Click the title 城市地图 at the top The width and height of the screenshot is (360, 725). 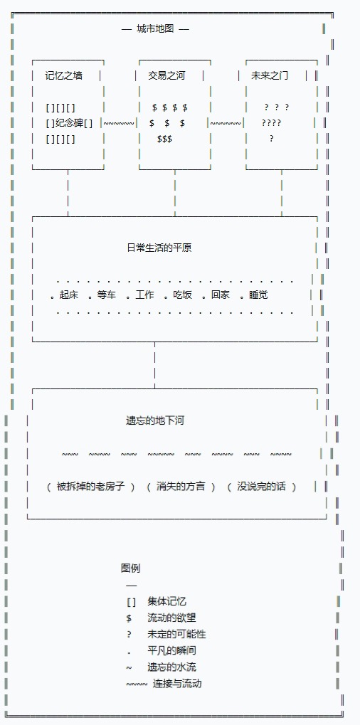[155, 28]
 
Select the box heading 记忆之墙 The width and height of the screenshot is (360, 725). [64, 75]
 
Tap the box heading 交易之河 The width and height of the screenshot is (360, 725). [166, 75]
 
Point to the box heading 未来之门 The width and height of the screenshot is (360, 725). [270, 75]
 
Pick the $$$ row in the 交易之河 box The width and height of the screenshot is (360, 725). [164, 139]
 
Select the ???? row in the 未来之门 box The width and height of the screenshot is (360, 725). [271, 123]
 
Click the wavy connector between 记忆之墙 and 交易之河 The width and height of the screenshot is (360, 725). [119, 124]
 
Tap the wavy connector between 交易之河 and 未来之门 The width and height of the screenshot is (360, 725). [226, 124]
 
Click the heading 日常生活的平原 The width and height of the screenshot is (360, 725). [159, 248]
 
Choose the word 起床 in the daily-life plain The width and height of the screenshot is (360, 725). [69, 295]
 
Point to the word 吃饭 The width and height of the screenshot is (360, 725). [183, 295]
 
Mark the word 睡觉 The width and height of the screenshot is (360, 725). [258, 295]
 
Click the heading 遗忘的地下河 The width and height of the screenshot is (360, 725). [155, 420]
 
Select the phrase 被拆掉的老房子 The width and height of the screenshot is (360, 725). [90, 487]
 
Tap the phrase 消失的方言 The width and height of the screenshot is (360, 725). [181, 487]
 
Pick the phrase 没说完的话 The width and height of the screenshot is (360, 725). [262, 487]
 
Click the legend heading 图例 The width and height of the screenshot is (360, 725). [130, 568]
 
